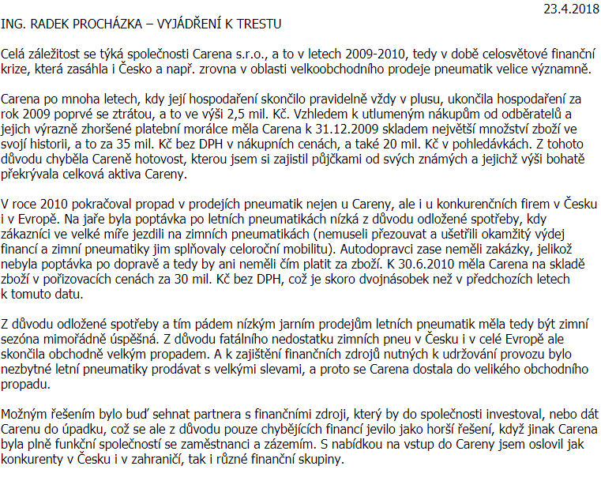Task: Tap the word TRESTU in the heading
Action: click(256, 25)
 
